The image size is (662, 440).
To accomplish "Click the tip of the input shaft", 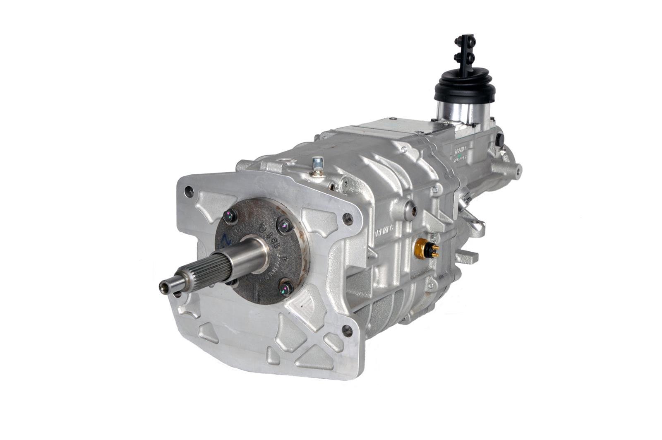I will point(164,286).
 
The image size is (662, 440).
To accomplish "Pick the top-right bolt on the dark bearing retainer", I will point(284,226).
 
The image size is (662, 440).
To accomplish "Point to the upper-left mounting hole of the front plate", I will point(189,191).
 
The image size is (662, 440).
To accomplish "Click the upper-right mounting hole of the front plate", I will point(348,219).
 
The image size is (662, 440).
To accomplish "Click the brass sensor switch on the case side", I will point(423,248).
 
